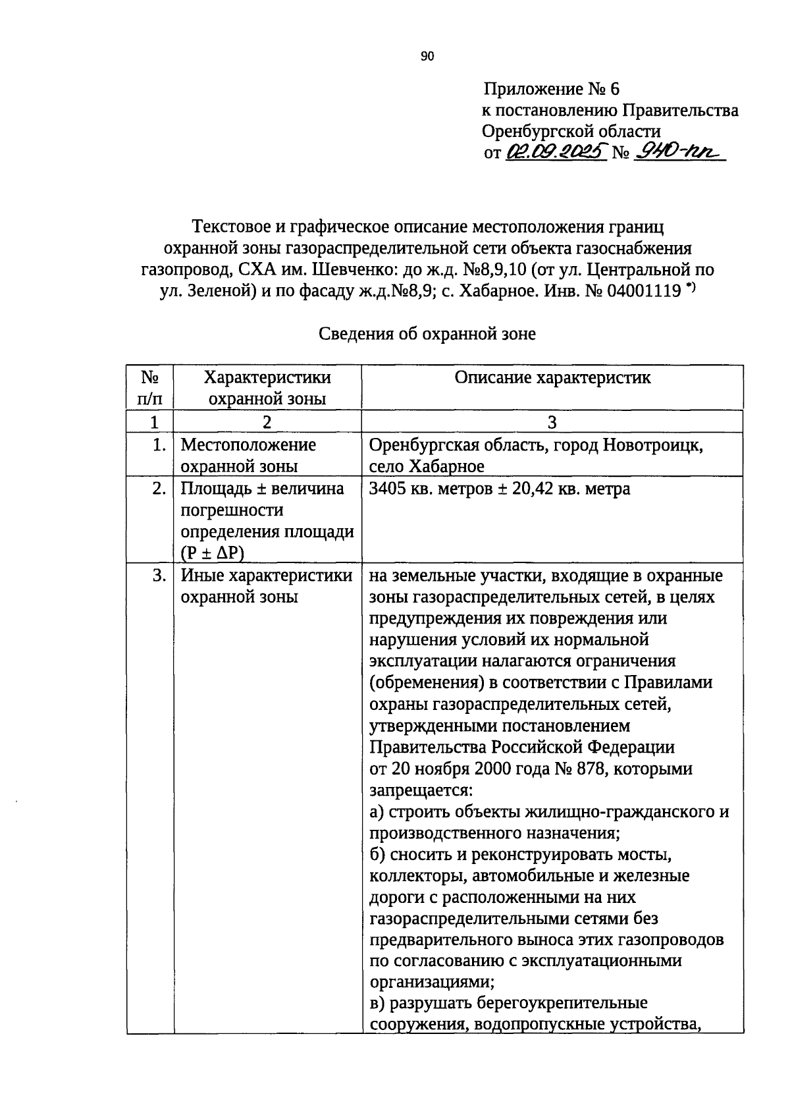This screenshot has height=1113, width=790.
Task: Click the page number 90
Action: click(x=427, y=57)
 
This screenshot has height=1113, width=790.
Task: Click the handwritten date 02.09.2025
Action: click(x=556, y=153)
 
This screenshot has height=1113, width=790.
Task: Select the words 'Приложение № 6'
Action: click(x=551, y=89)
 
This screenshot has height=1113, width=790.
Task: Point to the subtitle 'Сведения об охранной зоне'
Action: click(x=427, y=334)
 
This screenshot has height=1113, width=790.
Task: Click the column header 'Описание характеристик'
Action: click(x=552, y=377)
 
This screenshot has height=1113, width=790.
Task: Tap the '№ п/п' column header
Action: click(x=150, y=387)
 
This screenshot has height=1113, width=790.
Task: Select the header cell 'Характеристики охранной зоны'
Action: click(x=267, y=387)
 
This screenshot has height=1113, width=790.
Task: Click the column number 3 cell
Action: click(x=552, y=422)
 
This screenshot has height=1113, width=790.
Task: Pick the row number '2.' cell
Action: click(x=158, y=489)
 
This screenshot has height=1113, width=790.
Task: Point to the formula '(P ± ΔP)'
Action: click(x=212, y=553)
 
